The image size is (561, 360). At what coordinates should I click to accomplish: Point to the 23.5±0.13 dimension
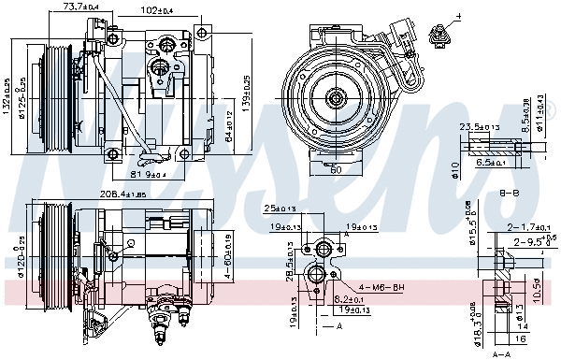pyautogui.click(x=478, y=126)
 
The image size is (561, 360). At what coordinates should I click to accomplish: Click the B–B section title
pyautogui.click(x=511, y=193)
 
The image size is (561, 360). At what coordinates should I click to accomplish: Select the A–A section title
pyautogui.click(x=501, y=354)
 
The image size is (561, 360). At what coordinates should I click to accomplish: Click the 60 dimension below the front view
pyautogui.click(x=337, y=170)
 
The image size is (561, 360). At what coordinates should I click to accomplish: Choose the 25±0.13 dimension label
pyautogui.click(x=278, y=208)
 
